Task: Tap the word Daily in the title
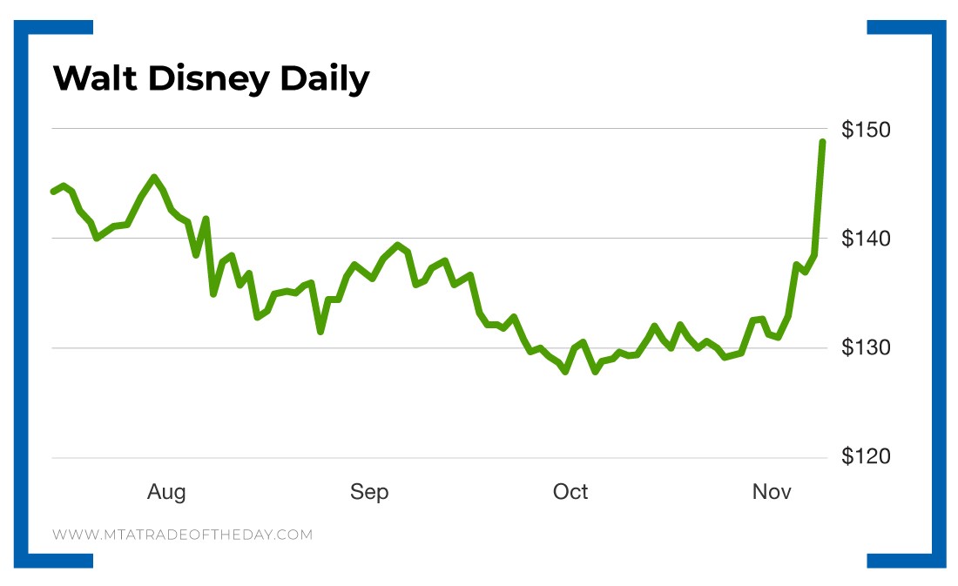(x=325, y=80)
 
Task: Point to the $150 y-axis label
(x=866, y=130)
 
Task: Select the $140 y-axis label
(x=866, y=239)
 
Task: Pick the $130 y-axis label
(x=866, y=348)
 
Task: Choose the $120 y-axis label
(x=866, y=457)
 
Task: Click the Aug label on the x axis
(x=166, y=492)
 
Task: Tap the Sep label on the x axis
(x=369, y=492)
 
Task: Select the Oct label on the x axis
(x=570, y=492)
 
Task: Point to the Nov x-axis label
(x=772, y=492)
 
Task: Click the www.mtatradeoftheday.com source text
(x=182, y=535)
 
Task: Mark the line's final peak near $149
(x=822, y=142)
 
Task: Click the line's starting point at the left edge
(x=53, y=192)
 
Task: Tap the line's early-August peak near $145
(x=154, y=178)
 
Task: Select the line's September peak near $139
(x=397, y=246)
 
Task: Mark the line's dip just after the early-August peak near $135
(x=213, y=293)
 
